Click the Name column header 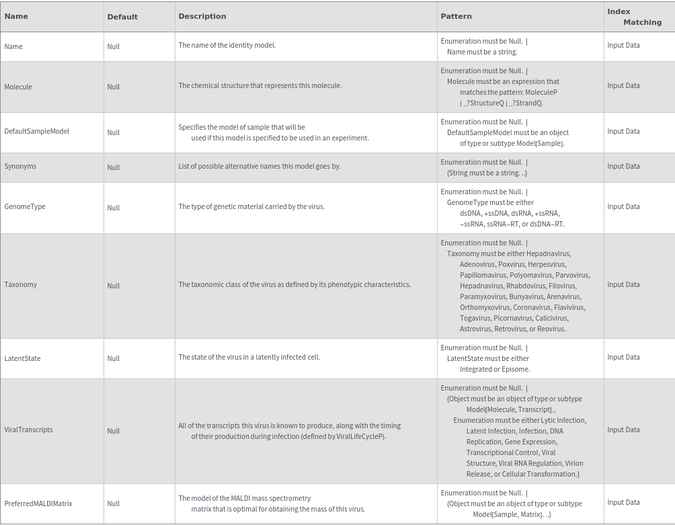click(x=16, y=16)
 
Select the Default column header click(x=122, y=17)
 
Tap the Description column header click(x=202, y=16)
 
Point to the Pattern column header click(x=456, y=16)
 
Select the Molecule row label click(x=18, y=87)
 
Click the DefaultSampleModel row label click(x=36, y=131)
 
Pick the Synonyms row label click(x=20, y=166)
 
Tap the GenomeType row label click(x=25, y=206)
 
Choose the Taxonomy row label click(x=21, y=284)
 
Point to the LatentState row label click(x=22, y=358)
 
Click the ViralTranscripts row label click(x=28, y=430)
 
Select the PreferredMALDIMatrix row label click(x=38, y=503)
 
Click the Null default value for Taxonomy click(x=113, y=286)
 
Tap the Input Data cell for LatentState click(x=623, y=357)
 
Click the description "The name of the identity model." click(x=227, y=45)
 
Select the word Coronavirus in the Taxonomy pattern click(x=532, y=307)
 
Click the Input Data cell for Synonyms click(x=623, y=166)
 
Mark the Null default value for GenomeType click(x=113, y=208)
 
